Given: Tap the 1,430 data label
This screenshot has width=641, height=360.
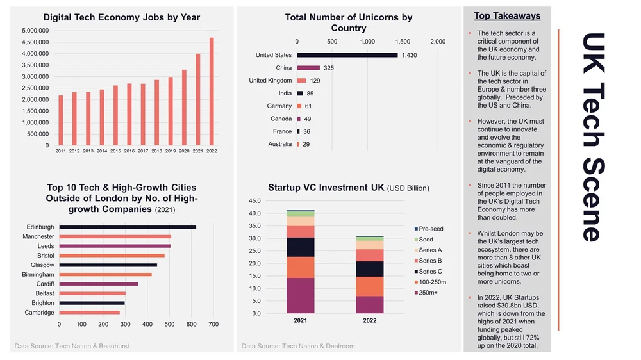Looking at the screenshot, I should click(x=409, y=56).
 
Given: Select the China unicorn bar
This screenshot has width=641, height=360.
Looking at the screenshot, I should click(x=308, y=68).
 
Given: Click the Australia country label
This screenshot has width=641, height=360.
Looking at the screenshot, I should click(x=279, y=144).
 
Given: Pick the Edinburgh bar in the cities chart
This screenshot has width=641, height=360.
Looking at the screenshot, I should click(x=128, y=227).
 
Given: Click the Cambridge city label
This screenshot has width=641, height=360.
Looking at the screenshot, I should click(x=39, y=313).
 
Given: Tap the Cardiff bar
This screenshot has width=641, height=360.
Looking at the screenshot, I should click(x=99, y=284).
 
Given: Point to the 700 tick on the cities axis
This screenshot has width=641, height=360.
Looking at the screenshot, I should click(x=213, y=325).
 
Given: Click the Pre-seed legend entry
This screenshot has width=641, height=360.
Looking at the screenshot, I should click(x=430, y=229).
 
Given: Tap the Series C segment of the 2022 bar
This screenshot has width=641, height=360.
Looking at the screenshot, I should click(x=370, y=269).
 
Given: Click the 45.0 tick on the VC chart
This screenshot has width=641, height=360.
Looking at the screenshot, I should click(x=254, y=200).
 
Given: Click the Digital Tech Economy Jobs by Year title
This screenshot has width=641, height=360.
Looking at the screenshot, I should click(x=121, y=17).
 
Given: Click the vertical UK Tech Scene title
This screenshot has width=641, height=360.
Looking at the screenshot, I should click(x=590, y=137).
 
